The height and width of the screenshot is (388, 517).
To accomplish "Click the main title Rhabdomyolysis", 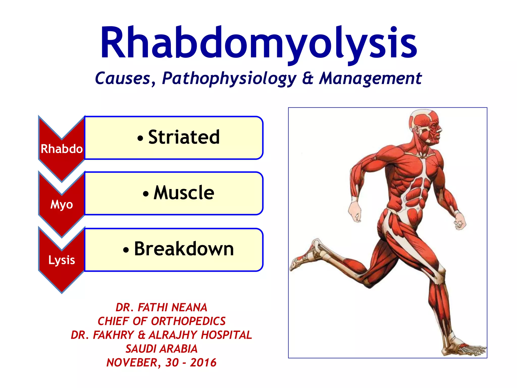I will click(x=258, y=43).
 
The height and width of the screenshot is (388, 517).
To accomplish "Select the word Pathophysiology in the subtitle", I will click(x=229, y=78).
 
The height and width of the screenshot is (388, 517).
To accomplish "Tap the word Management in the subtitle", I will click(x=370, y=78).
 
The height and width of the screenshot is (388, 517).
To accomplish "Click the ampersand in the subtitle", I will click(x=308, y=78).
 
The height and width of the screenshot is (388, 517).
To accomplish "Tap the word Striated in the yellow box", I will click(x=184, y=137).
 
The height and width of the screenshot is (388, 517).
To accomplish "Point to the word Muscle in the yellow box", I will click(x=184, y=193).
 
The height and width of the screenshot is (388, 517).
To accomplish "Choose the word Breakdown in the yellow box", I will click(x=184, y=249).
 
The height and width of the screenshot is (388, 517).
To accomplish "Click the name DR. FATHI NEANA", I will click(x=161, y=307).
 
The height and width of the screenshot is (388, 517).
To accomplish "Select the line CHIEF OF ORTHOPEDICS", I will click(x=161, y=321).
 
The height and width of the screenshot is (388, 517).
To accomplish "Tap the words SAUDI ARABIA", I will click(x=161, y=349).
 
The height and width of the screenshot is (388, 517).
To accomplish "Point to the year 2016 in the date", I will click(x=203, y=363).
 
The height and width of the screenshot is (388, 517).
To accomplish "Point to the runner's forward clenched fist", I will click(x=460, y=222).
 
